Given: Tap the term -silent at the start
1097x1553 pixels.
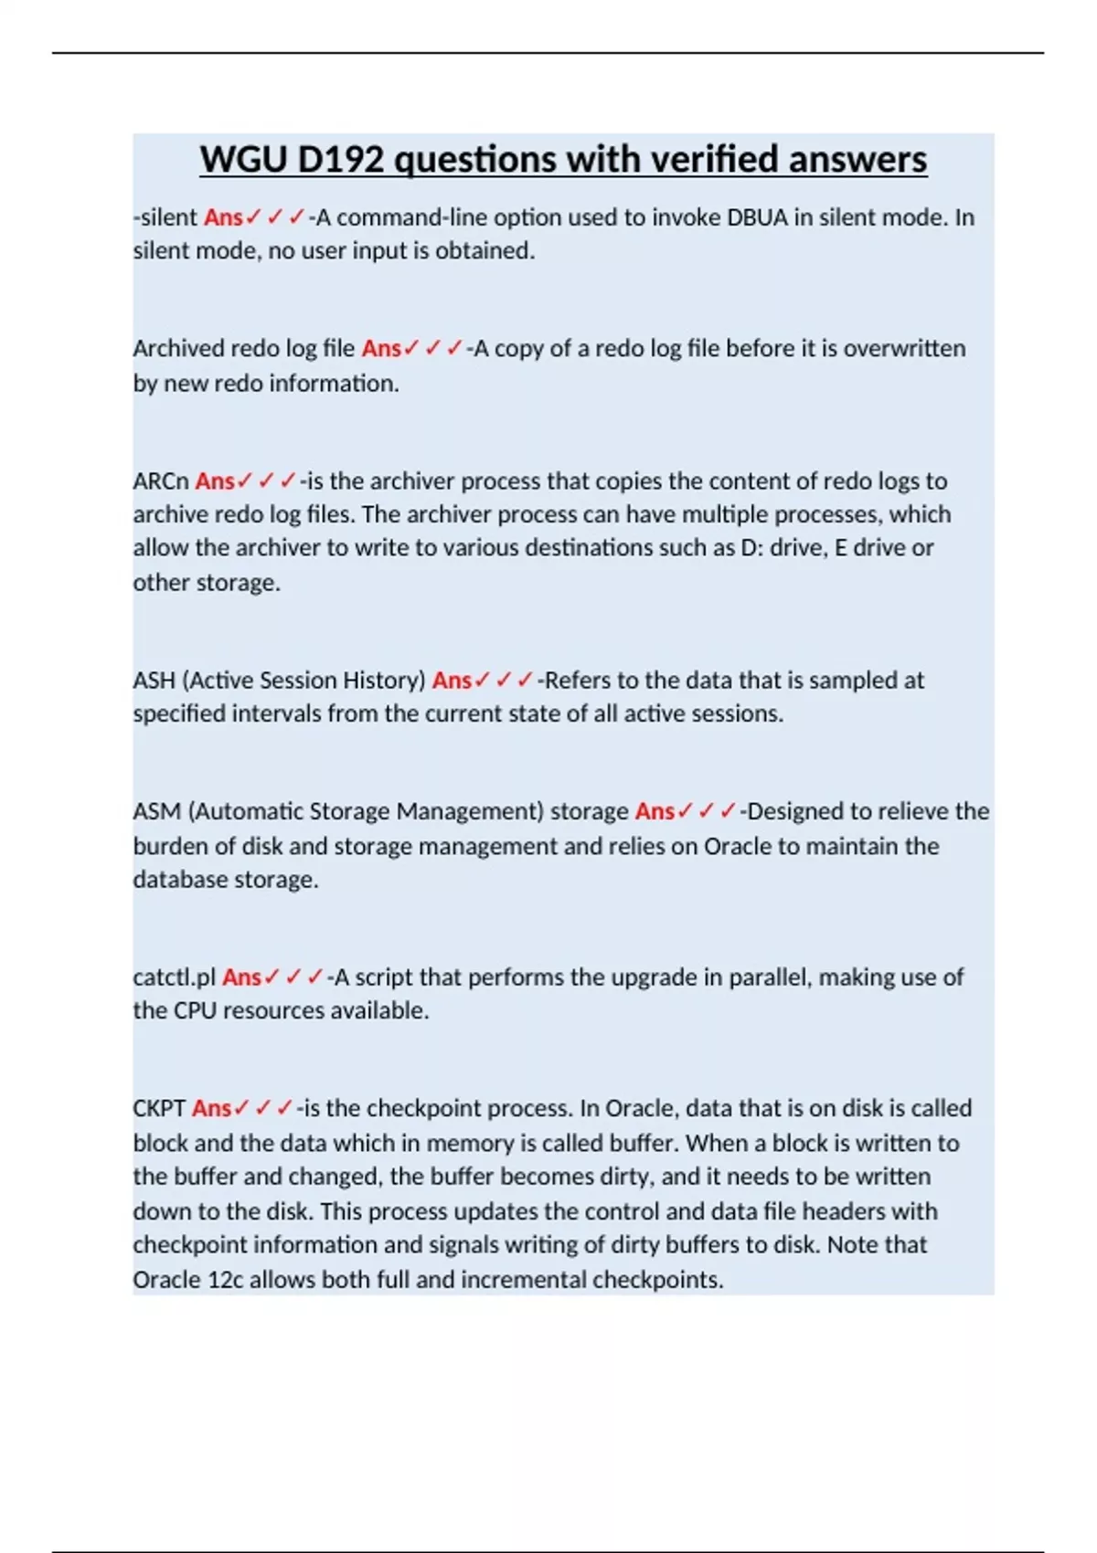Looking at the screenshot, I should (165, 217).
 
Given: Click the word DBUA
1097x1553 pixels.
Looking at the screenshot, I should (757, 217).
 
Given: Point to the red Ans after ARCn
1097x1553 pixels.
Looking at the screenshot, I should (215, 481).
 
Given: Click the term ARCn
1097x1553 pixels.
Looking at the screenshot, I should (161, 481).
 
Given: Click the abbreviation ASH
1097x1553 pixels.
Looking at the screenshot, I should (154, 681).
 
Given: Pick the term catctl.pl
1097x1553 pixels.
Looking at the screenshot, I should (174, 977).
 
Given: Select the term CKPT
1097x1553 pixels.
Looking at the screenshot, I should (159, 1109).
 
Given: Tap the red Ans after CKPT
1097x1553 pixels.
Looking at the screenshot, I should (211, 1109).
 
